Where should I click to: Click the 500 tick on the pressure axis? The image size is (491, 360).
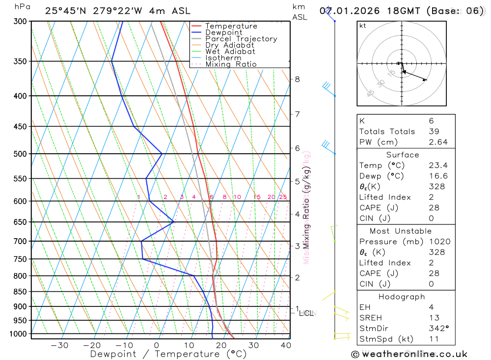[x=20, y=154]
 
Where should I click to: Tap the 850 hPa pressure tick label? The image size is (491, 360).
[x=20, y=292]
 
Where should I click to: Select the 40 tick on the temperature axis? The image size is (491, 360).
[x=285, y=345]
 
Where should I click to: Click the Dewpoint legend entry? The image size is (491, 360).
[x=223, y=32]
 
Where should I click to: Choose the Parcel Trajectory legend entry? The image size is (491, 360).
[x=241, y=39]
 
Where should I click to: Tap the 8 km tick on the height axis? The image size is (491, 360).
[x=297, y=79]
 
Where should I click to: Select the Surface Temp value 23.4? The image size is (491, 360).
[x=437, y=166]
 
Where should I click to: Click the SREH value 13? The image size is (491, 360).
[x=434, y=318]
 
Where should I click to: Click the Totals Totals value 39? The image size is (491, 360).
[x=434, y=131]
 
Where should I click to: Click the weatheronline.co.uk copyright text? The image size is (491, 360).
[x=409, y=354]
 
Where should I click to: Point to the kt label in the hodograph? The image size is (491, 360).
[x=363, y=26]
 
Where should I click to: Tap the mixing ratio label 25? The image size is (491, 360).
[x=283, y=197]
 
